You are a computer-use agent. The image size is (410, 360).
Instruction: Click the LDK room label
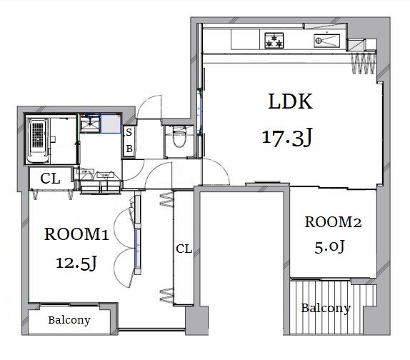click(x=290, y=101)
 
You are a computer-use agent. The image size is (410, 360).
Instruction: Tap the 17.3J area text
click(x=287, y=138)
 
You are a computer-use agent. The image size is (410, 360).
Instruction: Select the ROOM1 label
click(x=76, y=234)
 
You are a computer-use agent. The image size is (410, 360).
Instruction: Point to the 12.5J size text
click(x=76, y=263)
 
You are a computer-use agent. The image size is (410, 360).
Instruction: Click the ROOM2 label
click(x=333, y=222)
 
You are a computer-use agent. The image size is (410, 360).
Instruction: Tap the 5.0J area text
click(x=329, y=247)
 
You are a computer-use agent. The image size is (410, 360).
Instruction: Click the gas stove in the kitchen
click(x=274, y=41)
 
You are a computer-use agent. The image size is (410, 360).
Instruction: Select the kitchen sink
click(x=327, y=41)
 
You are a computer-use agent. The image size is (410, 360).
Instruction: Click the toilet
click(x=179, y=137)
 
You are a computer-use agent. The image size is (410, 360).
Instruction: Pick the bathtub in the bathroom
click(x=38, y=141)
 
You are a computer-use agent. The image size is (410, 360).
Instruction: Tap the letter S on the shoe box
click(x=129, y=133)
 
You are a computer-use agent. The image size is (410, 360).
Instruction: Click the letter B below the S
click(x=129, y=149)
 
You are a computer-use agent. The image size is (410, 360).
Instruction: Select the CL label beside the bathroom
click(x=50, y=179)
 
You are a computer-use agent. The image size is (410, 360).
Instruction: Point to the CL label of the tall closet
click(x=184, y=249)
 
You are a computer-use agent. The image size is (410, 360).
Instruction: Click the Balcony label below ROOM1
click(x=69, y=320)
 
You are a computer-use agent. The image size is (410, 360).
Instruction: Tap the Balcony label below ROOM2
click(x=326, y=308)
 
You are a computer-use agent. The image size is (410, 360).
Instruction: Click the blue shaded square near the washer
click(x=111, y=124)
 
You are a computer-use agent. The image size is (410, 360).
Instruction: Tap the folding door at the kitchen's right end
click(x=364, y=64)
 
